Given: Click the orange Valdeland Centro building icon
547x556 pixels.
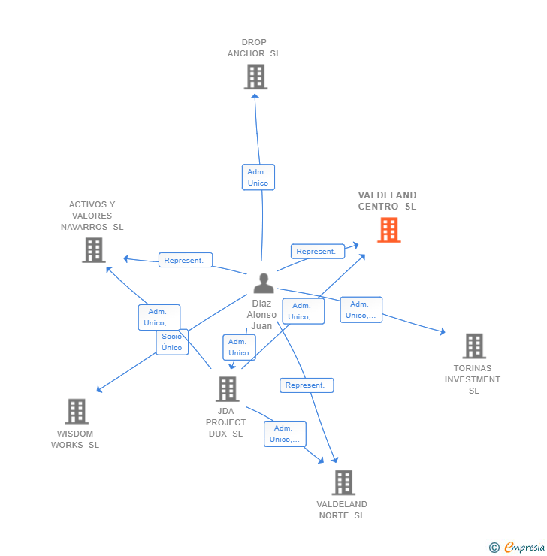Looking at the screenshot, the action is [388, 230].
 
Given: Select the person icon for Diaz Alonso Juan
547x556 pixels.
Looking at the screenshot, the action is [263, 283].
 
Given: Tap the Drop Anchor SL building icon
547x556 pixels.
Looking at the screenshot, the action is [255, 77].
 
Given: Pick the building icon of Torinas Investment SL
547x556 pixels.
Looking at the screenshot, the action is [473, 346].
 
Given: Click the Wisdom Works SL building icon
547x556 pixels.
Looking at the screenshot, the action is [77, 412].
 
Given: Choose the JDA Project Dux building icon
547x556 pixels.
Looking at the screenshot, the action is [227, 389].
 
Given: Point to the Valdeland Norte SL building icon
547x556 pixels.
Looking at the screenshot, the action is [343, 482].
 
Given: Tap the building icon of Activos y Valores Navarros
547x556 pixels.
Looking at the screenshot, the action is [93, 250].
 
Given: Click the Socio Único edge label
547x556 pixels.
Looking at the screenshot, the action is [172, 342].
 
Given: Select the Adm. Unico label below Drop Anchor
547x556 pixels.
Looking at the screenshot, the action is [258, 177].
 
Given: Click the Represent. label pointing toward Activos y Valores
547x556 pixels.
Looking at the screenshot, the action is [185, 261].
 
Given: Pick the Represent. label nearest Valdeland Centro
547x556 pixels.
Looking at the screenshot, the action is [316, 252].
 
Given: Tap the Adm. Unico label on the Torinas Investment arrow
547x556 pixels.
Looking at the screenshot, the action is [361, 310].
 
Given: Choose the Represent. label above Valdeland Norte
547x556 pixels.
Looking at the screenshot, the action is [306, 385].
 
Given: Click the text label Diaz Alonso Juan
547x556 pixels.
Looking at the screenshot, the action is [261, 315].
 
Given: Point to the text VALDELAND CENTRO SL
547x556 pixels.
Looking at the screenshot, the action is [387, 201].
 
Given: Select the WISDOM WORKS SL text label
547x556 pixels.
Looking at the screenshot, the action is [75, 439].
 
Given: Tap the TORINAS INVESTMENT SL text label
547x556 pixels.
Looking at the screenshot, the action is [473, 379].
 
